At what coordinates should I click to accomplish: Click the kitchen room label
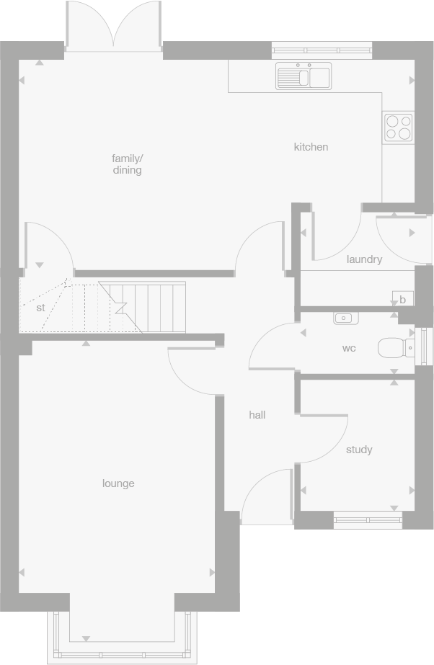311,147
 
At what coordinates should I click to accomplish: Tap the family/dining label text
127,164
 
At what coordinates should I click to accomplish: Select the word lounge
118,483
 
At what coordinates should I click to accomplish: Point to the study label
359,450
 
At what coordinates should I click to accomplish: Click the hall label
257,415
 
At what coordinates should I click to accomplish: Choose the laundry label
364,259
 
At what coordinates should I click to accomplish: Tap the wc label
349,349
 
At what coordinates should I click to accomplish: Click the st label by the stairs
40,308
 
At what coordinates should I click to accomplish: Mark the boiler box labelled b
402,299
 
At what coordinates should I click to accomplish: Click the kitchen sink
304,76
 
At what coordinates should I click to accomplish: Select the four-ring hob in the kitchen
398,128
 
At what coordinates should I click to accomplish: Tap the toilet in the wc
396,349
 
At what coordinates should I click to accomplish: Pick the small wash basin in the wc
344,317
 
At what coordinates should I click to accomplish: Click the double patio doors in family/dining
113,27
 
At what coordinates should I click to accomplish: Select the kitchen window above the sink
322,50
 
